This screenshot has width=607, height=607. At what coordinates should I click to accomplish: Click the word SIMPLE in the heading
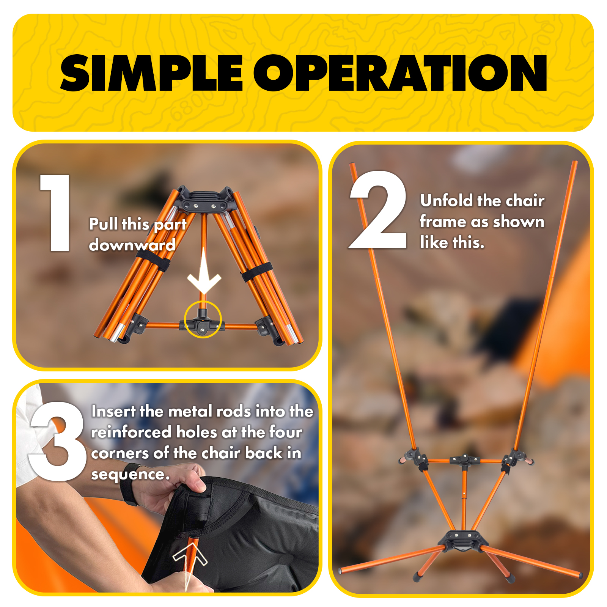[151, 73]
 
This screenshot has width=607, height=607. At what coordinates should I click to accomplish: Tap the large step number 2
[378, 210]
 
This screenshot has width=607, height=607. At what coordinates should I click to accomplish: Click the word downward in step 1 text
[132, 245]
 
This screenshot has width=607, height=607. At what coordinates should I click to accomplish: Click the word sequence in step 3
[129, 475]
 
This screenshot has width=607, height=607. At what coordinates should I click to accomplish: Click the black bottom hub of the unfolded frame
[464, 540]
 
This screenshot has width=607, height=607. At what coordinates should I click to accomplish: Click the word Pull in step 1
[103, 224]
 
